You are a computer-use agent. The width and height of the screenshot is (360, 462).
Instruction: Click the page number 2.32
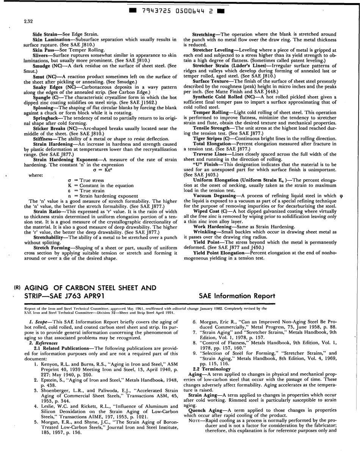click(x=28, y=21)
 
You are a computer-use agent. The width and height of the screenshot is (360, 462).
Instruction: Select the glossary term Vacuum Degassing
click(x=214, y=195)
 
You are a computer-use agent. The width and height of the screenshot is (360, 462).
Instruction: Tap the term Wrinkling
click(x=207, y=231)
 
